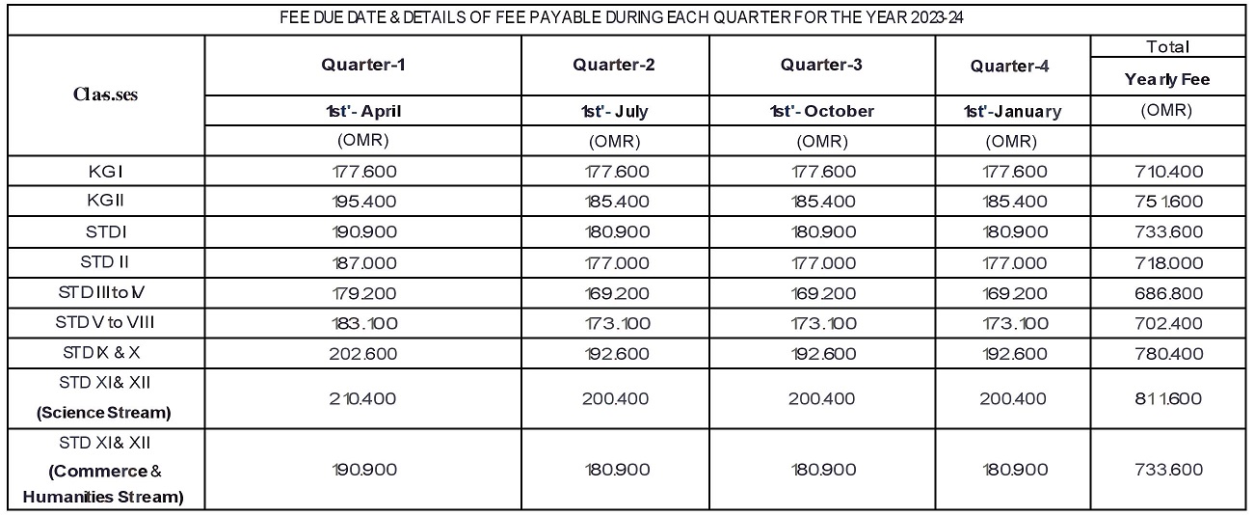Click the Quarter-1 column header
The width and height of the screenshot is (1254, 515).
362,66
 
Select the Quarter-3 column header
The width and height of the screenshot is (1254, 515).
821,66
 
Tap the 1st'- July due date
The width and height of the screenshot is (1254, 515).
616,111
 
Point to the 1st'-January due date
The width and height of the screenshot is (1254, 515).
1012,111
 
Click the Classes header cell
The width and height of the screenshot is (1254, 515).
105,95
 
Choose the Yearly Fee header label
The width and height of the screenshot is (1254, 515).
1166,79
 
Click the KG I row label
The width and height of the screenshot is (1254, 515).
104,172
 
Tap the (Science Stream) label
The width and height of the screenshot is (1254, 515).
104,413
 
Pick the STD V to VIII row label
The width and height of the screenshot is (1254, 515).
104,321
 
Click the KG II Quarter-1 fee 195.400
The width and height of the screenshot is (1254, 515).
362,202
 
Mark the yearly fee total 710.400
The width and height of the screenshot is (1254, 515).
1168,173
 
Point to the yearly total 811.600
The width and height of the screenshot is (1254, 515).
1168,398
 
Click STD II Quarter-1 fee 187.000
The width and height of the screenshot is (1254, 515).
362,262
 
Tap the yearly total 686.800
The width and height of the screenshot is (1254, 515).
1168,291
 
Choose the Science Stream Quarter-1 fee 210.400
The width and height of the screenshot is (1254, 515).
362,398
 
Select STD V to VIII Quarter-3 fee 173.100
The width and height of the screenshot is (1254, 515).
821,321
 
